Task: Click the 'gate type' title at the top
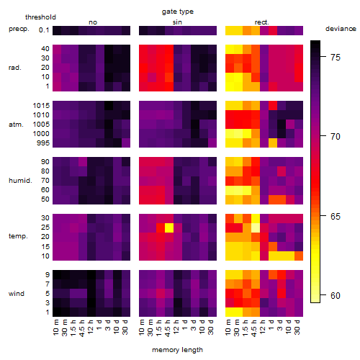(x=178, y=12)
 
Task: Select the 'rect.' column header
(x=261, y=22)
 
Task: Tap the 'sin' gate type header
(x=177, y=22)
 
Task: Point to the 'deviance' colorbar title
(x=341, y=29)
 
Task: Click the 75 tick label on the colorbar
(x=336, y=58)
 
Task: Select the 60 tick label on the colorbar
(x=336, y=296)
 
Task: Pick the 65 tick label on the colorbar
(x=336, y=217)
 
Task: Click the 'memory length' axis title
(x=178, y=350)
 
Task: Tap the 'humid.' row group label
(x=20, y=181)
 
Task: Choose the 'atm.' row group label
(x=16, y=125)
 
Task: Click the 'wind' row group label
(x=17, y=294)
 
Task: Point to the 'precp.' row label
(x=19, y=29)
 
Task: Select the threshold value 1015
(x=41, y=106)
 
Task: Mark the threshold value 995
(x=43, y=143)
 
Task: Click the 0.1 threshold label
(x=44, y=30)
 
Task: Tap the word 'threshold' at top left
(x=40, y=17)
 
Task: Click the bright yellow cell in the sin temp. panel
(x=169, y=228)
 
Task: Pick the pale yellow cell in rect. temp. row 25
(x=256, y=228)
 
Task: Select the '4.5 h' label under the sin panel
(x=169, y=328)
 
